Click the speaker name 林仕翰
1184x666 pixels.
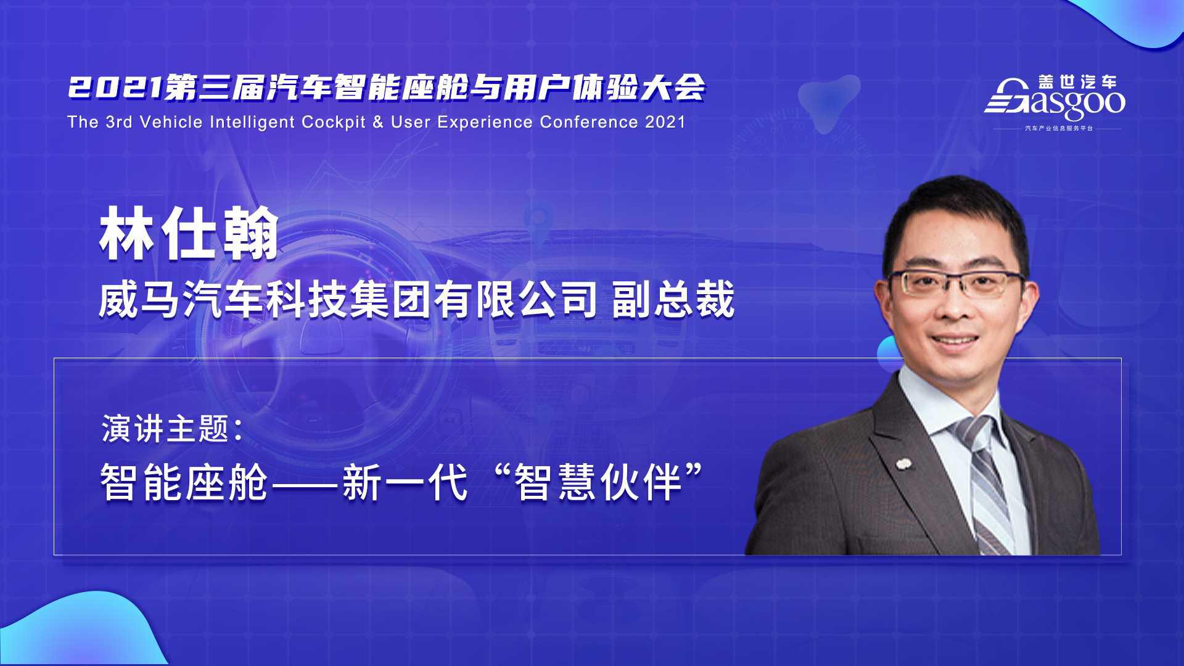tap(189, 234)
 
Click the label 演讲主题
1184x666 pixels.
tap(165, 429)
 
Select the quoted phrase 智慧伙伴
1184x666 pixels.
tap(599, 483)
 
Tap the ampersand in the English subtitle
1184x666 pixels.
tap(378, 121)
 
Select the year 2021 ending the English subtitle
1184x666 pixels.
tap(665, 121)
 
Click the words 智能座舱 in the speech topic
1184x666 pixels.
tap(184, 483)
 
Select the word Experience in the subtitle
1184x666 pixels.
tap(485, 122)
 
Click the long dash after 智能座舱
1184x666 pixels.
tap(305, 484)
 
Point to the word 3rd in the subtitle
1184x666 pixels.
tap(119, 121)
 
